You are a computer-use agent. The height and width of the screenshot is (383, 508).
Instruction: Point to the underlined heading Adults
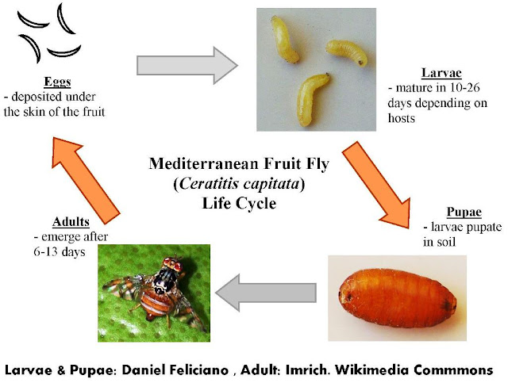[x=50, y=223]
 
